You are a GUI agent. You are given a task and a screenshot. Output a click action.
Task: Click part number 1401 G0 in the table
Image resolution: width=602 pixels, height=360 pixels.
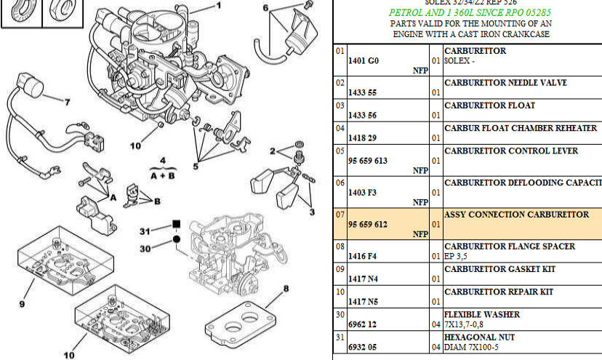[x=364, y=61]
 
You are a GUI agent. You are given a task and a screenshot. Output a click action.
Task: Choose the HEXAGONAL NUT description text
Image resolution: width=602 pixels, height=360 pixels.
[x=479, y=337]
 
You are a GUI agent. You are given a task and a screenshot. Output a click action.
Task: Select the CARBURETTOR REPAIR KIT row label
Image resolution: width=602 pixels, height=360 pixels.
[x=499, y=292]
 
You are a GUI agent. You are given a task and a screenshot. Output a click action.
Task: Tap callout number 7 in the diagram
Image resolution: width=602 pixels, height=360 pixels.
[x=67, y=102]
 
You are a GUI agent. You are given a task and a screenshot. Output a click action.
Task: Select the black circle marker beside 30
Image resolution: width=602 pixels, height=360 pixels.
[x=176, y=239]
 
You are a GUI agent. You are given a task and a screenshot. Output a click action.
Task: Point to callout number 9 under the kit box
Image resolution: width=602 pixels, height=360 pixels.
[x=22, y=303]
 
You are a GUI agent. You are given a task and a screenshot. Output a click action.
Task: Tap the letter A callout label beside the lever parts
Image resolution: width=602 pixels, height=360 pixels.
[x=113, y=196]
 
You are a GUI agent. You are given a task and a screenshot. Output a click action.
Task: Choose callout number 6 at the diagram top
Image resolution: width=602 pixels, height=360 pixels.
[x=265, y=8]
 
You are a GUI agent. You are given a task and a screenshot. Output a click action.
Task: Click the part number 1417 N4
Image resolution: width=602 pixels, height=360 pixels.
[x=364, y=279]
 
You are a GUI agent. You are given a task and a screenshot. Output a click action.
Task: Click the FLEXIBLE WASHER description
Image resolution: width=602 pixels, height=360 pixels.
[x=482, y=315]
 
